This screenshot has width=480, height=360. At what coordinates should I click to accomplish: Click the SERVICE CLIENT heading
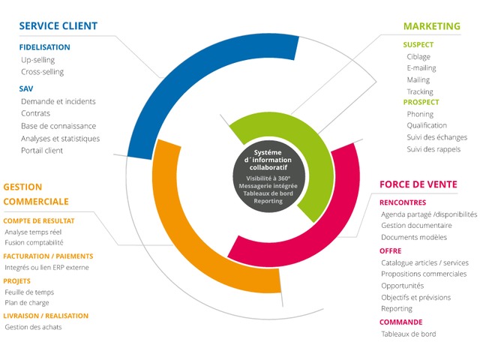pos(58,26)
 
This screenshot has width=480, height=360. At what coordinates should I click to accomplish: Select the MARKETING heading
pos(432,26)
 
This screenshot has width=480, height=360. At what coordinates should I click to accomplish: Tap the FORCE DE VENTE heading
pos(418,184)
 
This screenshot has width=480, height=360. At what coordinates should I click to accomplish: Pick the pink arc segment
pos(341,225)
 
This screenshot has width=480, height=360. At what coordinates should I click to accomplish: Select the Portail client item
pos(42,150)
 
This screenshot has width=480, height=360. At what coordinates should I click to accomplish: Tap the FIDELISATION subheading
pos(45,47)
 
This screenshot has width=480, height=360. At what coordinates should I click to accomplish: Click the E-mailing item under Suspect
pos(421,68)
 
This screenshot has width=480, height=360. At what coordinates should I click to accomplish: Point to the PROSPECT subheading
pos(421,102)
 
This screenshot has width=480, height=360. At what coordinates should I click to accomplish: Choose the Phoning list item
pos(421,114)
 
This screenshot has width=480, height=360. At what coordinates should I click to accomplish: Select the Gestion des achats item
pos(33,327)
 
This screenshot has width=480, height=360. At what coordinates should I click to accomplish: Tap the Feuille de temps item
pos(29,292)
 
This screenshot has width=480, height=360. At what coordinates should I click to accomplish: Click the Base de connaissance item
pos(58,126)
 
